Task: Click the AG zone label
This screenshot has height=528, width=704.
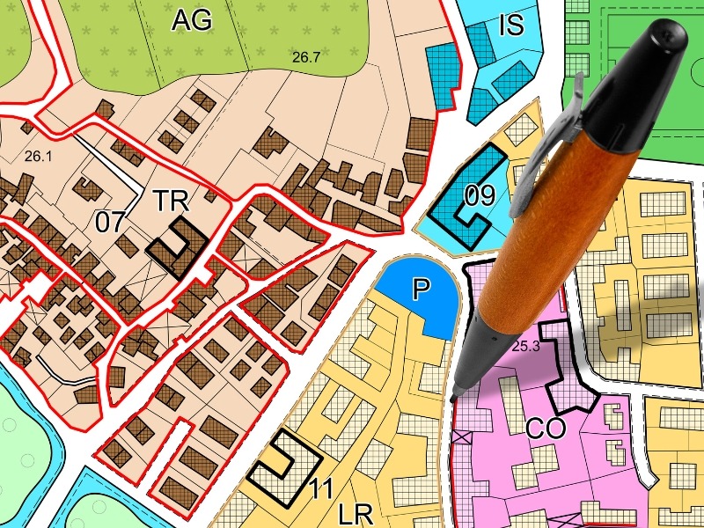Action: (192, 18)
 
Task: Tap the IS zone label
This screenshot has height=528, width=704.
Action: (511, 24)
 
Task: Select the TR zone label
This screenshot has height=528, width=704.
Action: (171, 201)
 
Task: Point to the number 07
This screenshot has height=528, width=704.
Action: (111, 222)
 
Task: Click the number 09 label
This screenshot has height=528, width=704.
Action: (480, 195)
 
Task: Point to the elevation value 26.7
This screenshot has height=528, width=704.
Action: (306, 57)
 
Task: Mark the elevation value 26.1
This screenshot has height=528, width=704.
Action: (40, 156)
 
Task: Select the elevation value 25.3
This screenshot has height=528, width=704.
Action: (524, 346)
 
